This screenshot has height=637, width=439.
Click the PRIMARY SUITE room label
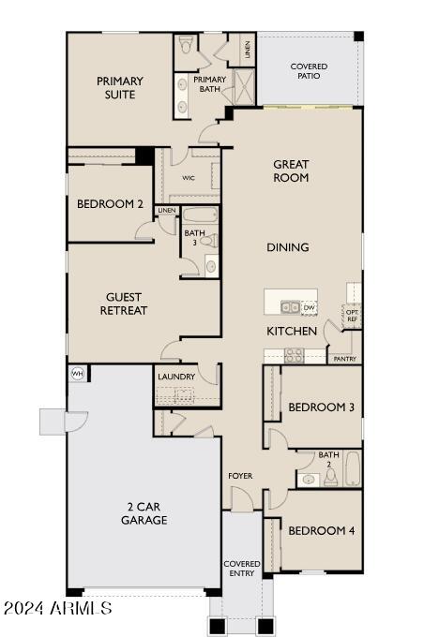point(119,88)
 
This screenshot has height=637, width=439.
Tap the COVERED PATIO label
point(309,71)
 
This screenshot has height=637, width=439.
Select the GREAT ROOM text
point(291,170)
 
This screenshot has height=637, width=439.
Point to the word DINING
point(289,247)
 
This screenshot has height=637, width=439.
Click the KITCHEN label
point(292,332)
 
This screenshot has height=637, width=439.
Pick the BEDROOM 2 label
point(110,204)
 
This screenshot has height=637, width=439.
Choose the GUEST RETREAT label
point(125,304)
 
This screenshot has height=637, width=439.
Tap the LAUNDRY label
point(176,377)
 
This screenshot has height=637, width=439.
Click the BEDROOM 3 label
point(321,407)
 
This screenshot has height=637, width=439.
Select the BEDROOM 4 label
point(321,530)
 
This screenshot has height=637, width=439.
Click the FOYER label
point(240,476)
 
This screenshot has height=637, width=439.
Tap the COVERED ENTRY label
point(241,569)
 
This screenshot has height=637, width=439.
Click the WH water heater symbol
point(77,374)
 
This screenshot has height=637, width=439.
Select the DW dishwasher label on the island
point(309,307)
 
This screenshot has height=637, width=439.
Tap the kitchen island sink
point(290,306)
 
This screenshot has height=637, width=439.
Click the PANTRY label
point(344,358)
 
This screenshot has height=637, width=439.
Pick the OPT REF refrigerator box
point(352,316)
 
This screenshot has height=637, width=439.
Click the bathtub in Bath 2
point(353,468)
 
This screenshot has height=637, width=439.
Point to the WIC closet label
point(189,177)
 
